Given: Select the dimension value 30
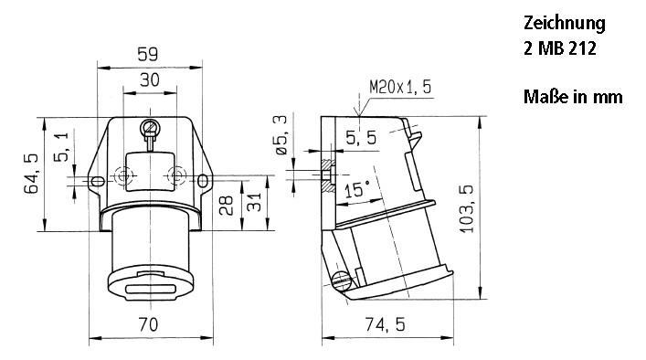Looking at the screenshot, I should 149,80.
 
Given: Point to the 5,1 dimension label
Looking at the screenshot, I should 61,146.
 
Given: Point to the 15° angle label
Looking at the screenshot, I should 357,188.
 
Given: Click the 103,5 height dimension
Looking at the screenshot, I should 467,207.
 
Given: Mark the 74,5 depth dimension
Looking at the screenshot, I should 387,324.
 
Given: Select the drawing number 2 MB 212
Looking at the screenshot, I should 559,48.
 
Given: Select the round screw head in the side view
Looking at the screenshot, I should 343,281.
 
